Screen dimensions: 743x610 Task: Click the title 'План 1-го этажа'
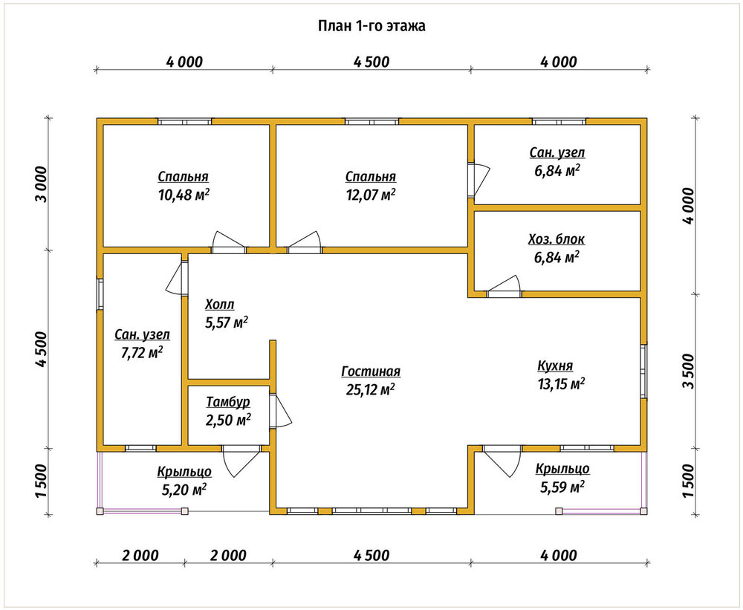pyautogui.click(x=371, y=25)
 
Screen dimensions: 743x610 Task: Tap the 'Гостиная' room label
pyautogui.click(x=371, y=371)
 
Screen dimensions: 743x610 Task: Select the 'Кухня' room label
pyautogui.click(x=555, y=366)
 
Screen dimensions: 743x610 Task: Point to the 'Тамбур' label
pyautogui.click(x=228, y=403)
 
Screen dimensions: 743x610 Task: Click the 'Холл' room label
pyautogui.click(x=219, y=305)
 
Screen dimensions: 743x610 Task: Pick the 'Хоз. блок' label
pyautogui.click(x=557, y=239)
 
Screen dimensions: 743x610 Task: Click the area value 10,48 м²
pyautogui.click(x=184, y=195)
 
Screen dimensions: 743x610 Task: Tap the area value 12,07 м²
pyautogui.click(x=371, y=195)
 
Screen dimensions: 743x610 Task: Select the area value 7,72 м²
pyautogui.click(x=142, y=353)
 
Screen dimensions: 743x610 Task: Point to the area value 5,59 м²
pyautogui.click(x=562, y=487)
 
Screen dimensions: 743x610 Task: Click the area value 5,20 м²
pyautogui.click(x=184, y=490)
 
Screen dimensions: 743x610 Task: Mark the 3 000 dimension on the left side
pyautogui.click(x=42, y=184)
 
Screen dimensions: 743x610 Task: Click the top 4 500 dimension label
pyautogui.click(x=371, y=62)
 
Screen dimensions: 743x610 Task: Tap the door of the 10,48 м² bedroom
pyautogui.click(x=229, y=242)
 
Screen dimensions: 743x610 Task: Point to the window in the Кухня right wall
pyautogui.click(x=643, y=371)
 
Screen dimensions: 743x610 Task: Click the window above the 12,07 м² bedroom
pyautogui.click(x=371, y=121)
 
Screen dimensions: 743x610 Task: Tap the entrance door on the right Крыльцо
pyautogui.click(x=502, y=461)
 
